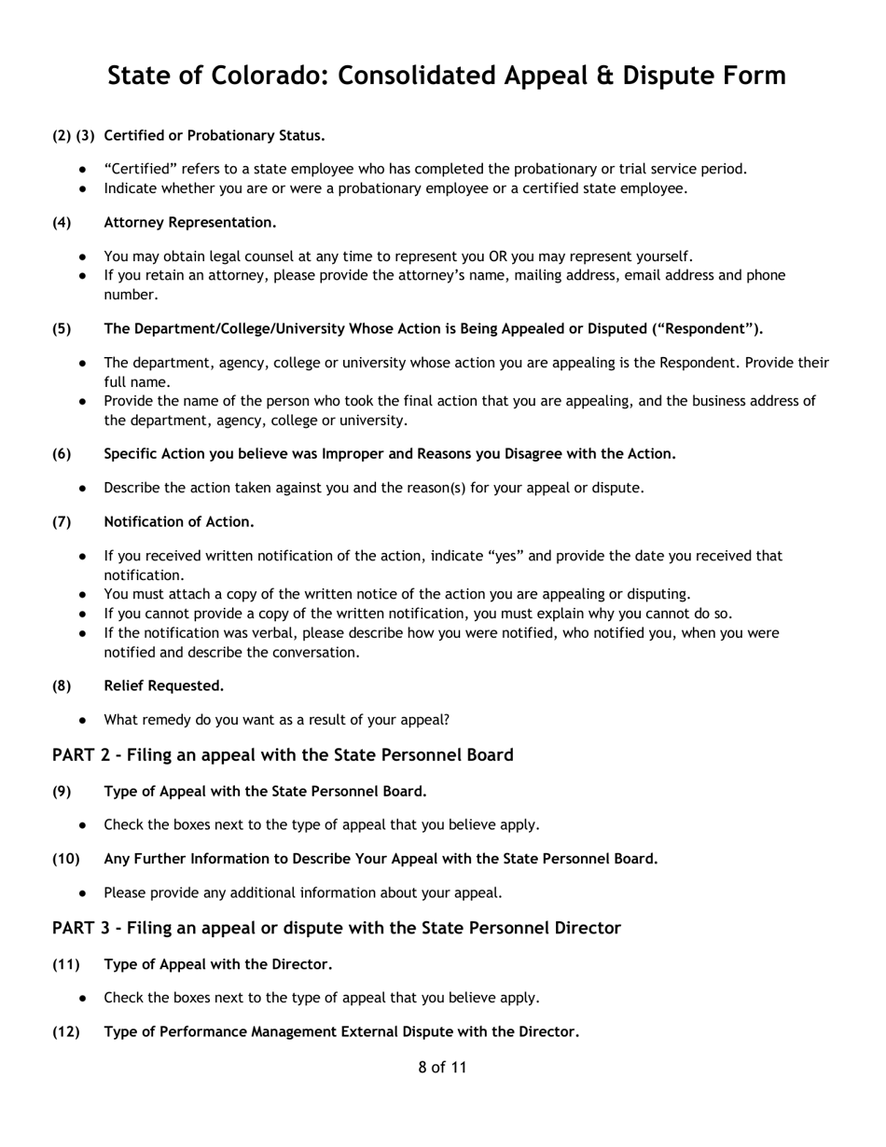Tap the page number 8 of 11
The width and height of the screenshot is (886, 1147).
coord(442,1068)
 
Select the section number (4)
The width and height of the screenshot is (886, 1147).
coord(62,222)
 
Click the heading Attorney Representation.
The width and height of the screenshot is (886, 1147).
coord(190,222)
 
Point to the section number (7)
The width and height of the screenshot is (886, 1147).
coord(62,521)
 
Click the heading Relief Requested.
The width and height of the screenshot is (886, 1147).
coord(164,685)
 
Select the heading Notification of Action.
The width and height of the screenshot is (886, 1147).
coord(179,521)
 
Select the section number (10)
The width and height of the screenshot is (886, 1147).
coord(65,858)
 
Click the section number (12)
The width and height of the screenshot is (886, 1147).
coord(65,1031)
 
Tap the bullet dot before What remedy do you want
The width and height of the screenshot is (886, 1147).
coord(84,720)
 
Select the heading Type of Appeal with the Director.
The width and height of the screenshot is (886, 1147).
coord(218,963)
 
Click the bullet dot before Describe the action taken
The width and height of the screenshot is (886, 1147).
coord(84,488)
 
